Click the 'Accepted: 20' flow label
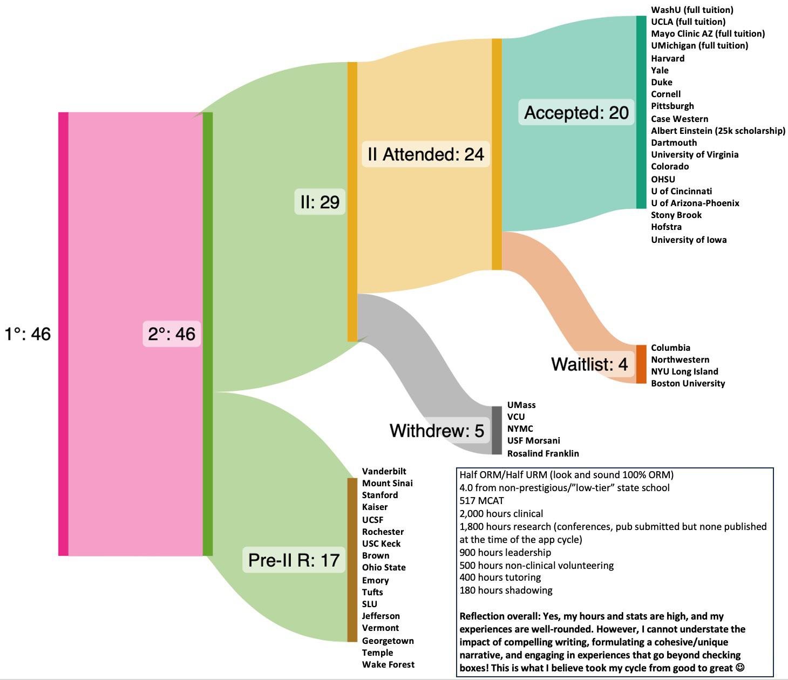pos(576,112)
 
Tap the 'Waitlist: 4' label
pos(589,364)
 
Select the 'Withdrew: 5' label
pos(437,431)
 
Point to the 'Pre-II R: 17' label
pos(294,560)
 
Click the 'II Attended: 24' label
pos(425,154)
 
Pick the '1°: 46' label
pos(28,334)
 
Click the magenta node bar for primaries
pos(63,334)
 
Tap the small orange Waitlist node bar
pos(641,364)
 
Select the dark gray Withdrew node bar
pos(497,430)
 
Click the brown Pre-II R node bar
pos(352,560)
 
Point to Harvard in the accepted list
pos(668,58)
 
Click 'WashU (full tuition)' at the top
pos(692,10)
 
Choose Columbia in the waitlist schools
pos(670,348)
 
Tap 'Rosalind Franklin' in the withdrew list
pos(543,453)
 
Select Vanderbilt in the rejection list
pos(384,471)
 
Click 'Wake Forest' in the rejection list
pos(388,664)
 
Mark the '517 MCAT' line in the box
pos(481,501)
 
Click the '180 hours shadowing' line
pos(506,590)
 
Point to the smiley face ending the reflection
pos(740,668)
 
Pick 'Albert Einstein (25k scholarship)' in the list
pos(718,131)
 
